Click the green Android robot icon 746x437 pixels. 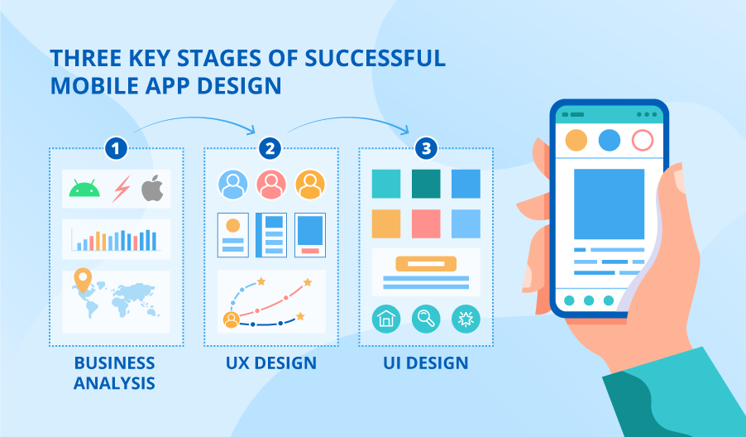click(84, 190)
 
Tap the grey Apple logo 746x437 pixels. click(151, 190)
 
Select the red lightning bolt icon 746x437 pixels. click(121, 190)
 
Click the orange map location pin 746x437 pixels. click(81, 282)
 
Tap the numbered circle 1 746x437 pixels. click(116, 149)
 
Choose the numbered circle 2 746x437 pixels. click(270, 149)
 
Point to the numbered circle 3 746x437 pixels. click(426, 149)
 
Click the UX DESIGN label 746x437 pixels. click(270, 363)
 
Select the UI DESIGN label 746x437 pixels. click(426, 363)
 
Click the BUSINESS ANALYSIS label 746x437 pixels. click(114, 372)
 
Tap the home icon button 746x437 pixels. click(385, 319)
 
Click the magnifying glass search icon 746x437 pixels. click(426, 319)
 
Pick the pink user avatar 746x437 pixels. click(271, 185)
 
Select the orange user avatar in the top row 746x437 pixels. click(310, 185)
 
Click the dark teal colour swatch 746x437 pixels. click(426, 184)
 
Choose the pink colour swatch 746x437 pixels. click(426, 223)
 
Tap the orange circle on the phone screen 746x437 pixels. click(576, 140)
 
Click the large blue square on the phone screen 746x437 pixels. click(609, 204)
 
